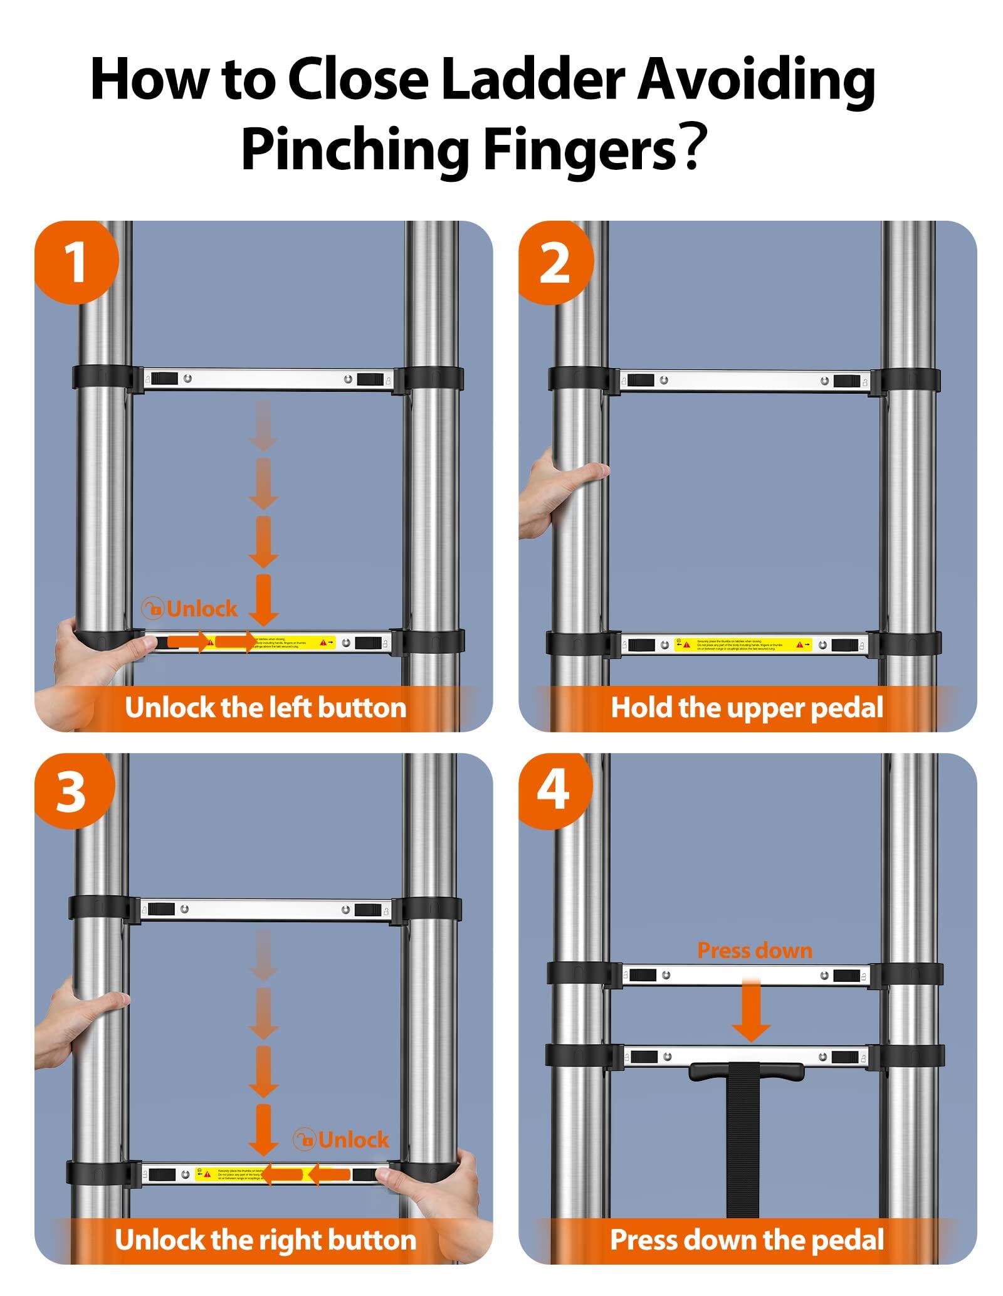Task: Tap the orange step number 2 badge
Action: point(554,263)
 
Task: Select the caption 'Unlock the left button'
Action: point(265,708)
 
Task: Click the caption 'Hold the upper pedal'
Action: point(747,708)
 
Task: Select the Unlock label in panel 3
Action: point(342,1139)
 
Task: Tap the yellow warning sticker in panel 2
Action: point(743,644)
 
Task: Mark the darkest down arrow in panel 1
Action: point(264,599)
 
